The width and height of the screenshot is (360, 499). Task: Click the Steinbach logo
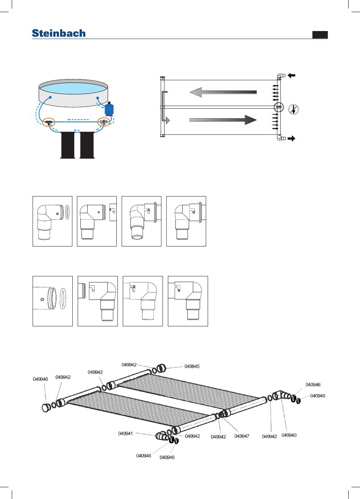59,33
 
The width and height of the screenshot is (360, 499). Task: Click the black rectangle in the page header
320,35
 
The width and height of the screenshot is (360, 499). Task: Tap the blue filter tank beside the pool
109,109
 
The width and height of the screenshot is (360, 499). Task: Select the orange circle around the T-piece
49,122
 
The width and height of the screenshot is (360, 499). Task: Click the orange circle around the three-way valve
104,122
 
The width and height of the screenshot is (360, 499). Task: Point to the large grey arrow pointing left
223,92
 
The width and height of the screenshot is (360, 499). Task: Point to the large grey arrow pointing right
223,120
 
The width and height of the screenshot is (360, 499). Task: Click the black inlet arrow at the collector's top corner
291,75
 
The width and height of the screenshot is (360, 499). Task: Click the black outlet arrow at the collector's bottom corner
291,139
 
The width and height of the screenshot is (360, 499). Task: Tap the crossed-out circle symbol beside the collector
294,109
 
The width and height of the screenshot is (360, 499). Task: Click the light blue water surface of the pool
73,88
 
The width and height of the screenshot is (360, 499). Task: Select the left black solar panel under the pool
68,145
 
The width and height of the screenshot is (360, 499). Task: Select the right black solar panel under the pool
87,145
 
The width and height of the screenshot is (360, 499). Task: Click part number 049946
40,379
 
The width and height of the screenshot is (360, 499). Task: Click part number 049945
192,366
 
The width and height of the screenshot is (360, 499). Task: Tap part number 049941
125,433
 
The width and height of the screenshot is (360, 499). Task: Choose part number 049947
242,436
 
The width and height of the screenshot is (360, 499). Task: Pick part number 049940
289,435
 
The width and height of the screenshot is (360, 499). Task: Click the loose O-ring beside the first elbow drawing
67,212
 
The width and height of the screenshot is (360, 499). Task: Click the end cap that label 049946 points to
46,407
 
